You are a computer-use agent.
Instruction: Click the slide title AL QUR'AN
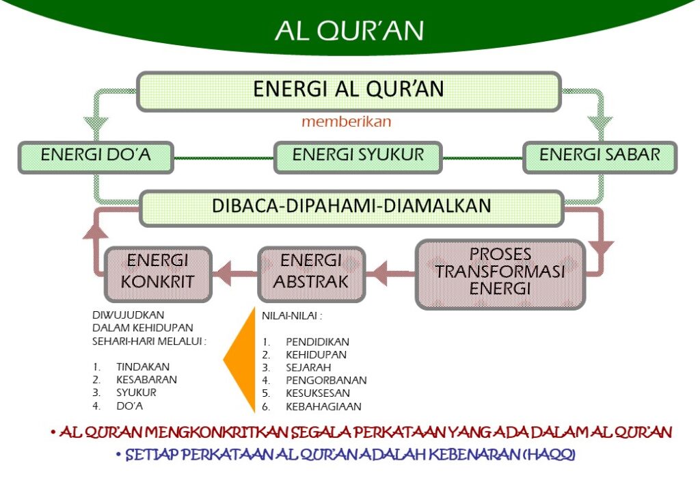point(349,31)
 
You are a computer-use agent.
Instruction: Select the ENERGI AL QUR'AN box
point(349,90)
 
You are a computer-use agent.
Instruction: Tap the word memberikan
point(346,123)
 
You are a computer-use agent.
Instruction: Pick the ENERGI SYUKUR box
point(358,155)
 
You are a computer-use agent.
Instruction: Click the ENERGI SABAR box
point(600,155)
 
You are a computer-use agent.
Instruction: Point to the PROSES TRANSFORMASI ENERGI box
point(500,272)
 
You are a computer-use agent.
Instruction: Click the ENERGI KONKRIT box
point(158,272)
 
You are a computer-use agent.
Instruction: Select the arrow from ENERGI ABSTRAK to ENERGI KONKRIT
point(234,275)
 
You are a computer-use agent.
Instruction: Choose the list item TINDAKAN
point(143,367)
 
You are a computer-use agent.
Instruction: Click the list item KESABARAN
point(146,380)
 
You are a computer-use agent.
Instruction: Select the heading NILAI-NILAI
point(292,316)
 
